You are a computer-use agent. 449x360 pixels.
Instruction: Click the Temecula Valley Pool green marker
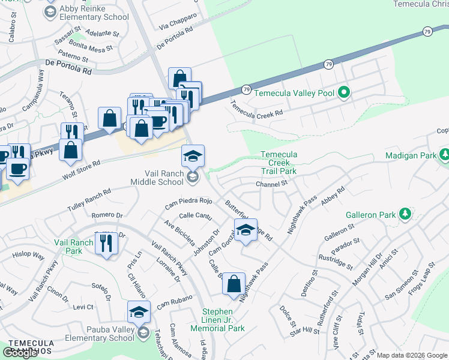click(x=343, y=93)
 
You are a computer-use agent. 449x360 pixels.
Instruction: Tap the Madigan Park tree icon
click(x=444, y=155)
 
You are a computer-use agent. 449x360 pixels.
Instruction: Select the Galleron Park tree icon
click(x=405, y=214)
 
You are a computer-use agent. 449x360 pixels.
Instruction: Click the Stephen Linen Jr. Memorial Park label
click(x=217, y=320)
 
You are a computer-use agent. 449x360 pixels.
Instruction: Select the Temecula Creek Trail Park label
click(x=279, y=163)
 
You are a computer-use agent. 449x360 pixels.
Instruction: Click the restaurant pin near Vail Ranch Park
click(x=106, y=244)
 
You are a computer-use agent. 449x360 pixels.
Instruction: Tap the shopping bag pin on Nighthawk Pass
click(x=234, y=284)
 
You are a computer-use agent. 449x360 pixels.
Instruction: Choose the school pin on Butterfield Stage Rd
click(x=245, y=230)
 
